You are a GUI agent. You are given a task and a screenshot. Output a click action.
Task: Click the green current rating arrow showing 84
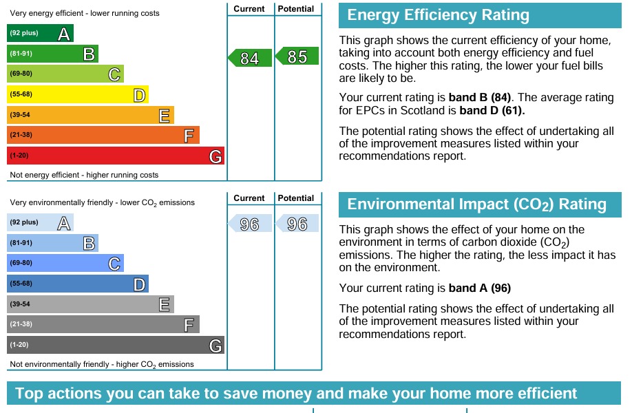click(x=245, y=59)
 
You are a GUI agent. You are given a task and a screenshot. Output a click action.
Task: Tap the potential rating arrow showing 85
click(x=297, y=56)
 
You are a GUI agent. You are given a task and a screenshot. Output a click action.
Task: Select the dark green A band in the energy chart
click(x=40, y=34)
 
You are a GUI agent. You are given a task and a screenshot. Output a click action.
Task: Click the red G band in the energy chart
click(x=115, y=156)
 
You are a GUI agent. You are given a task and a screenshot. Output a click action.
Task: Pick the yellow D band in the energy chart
click(x=77, y=94)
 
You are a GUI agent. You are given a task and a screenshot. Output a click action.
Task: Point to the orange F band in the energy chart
click(x=103, y=135)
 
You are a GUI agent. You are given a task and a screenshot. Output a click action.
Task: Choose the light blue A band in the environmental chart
click(x=40, y=223)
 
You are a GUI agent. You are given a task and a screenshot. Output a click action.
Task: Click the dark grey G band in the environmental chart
click(x=115, y=345)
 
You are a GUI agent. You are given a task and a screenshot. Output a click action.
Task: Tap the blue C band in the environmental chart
click(x=65, y=263)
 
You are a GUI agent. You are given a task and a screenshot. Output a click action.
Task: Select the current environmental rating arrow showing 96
click(x=245, y=224)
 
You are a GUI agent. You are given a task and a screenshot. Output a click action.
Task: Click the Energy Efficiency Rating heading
click(x=439, y=15)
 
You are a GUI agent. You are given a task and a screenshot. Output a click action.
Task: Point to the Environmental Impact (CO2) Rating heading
click(x=476, y=204)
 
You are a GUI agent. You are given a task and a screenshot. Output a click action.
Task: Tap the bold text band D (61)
click(x=492, y=110)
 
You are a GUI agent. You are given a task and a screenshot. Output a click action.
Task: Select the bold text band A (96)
click(x=480, y=288)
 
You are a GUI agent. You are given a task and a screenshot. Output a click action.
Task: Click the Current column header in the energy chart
click(x=249, y=9)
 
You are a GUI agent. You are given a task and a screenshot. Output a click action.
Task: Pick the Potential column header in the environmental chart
click(x=297, y=198)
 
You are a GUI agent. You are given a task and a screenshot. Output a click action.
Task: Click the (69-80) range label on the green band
click(x=21, y=74)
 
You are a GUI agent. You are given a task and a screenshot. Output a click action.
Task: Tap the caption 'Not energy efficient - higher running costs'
click(x=84, y=175)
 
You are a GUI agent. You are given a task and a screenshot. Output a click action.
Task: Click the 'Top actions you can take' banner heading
click(x=296, y=394)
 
